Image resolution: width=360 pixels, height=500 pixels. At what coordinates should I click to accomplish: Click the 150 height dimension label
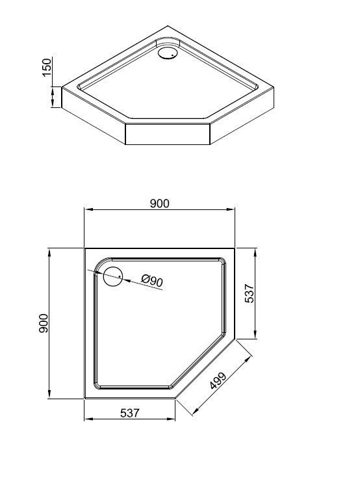point(47,67)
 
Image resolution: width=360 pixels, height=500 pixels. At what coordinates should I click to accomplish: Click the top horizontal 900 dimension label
point(160,203)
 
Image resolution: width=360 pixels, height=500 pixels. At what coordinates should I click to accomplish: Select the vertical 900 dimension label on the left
point(44,323)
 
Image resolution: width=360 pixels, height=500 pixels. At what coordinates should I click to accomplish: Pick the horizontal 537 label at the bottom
point(130,413)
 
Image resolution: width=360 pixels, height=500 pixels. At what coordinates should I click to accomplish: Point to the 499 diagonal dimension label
point(218,381)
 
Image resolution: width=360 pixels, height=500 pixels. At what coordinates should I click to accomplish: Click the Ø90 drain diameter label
point(152,281)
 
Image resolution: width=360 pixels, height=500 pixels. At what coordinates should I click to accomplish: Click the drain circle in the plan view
point(113,276)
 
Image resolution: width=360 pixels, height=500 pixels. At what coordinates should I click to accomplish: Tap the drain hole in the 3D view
point(167,53)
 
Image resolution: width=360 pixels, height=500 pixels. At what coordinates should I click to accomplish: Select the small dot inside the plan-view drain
point(119,276)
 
